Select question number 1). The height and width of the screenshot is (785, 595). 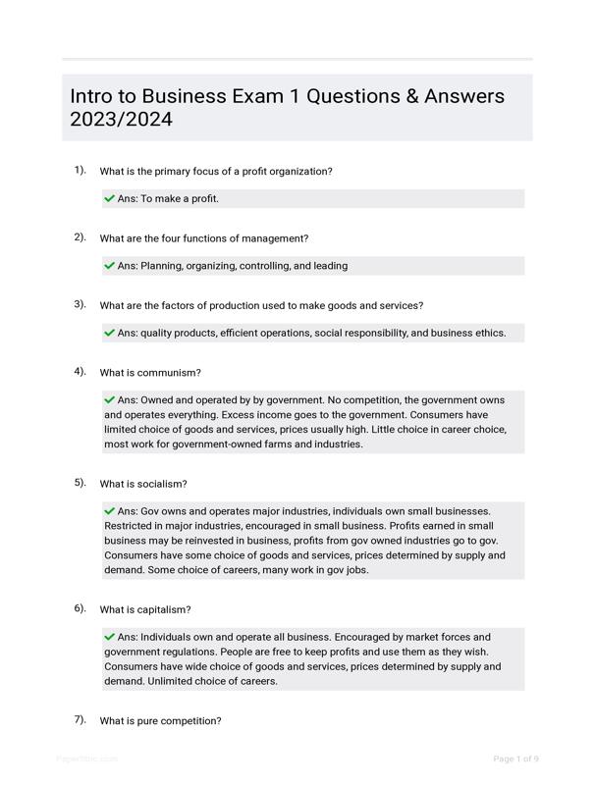point(80,170)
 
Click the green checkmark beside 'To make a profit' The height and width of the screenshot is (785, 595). point(109,198)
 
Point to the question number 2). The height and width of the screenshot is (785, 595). point(80,237)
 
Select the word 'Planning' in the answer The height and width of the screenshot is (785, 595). point(163,266)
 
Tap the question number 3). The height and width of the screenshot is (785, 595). point(80,304)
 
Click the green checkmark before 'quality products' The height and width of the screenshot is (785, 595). point(109,333)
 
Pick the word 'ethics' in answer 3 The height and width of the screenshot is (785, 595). point(486,333)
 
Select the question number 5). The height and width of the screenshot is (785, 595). point(80,483)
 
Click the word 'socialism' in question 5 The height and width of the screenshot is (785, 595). point(163,484)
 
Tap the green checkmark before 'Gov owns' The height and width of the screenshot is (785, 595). point(109,510)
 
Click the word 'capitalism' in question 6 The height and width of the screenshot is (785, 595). point(165,609)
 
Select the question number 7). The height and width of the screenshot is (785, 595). point(80,719)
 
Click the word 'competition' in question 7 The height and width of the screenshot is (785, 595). point(192,721)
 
